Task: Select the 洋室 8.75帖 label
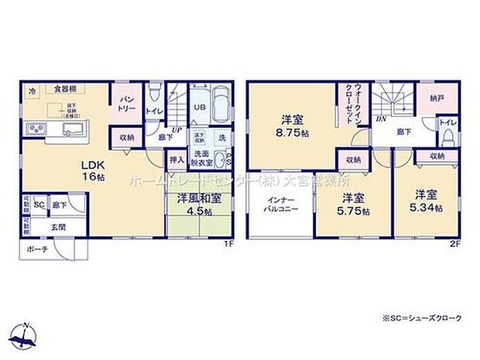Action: pos(291,126)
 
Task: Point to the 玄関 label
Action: pos(59,226)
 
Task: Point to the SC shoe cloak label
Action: pos(38,204)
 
